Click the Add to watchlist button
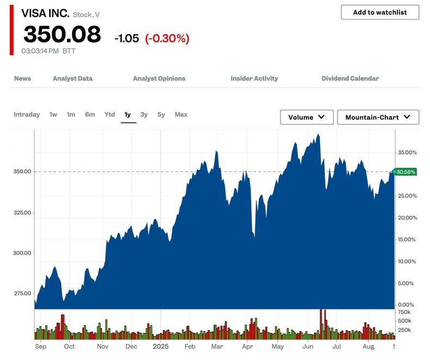coord(380,13)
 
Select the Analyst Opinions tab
coord(159,78)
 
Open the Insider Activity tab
coord(254,78)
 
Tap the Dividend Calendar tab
coord(350,78)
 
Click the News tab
coord(22,78)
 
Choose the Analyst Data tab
coord(72,78)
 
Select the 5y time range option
coord(161,114)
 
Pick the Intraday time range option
coord(27,114)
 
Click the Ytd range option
coord(109,114)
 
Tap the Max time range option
coord(181,114)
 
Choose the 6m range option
coord(90,114)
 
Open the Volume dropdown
coord(307,117)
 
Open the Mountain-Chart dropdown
coord(378,117)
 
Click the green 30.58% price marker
coord(406,172)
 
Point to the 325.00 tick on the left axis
coord(22,212)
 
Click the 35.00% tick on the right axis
coord(407,152)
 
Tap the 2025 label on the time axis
coord(162,346)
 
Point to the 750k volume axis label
coord(404,312)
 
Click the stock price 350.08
coord(62,35)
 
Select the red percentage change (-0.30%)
coord(167,38)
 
